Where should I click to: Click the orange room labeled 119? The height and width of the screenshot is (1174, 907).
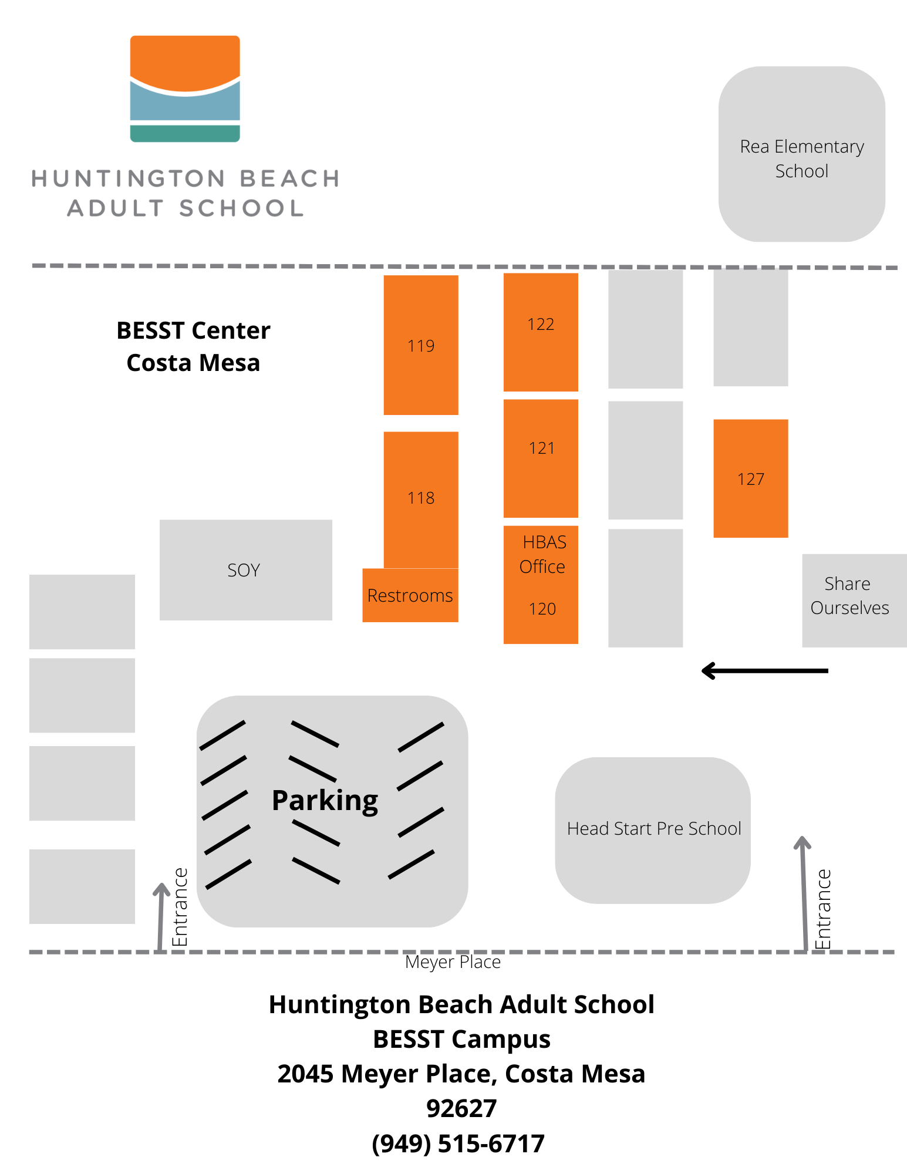coord(421,345)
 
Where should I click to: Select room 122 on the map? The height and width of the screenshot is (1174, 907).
coord(541,332)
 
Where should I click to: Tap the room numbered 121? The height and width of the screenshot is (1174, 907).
coord(541,458)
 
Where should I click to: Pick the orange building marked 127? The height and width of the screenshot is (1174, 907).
coord(750,478)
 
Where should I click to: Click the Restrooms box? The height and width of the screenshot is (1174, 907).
coord(410,595)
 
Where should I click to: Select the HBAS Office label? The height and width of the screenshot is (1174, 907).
coord(543,554)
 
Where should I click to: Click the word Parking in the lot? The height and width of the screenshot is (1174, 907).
coord(325,801)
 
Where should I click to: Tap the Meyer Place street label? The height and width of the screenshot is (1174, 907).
coord(453,962)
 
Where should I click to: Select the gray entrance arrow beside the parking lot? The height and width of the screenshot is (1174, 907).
coord(161,916)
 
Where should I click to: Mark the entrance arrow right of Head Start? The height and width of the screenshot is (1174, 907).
coord(803,892)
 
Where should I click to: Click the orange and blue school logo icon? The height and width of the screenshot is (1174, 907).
coord(185,89)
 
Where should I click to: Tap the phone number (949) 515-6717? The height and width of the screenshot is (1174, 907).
coord(458,1143)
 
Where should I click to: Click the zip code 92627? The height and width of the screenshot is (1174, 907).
coord(461,1108)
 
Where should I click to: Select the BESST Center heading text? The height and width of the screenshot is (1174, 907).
coord(193,330)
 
